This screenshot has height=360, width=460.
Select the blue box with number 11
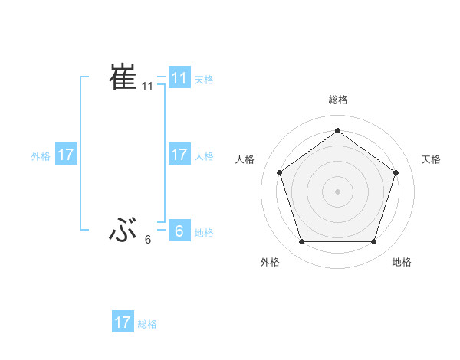tap(179, 78)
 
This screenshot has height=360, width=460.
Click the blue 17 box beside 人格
tap(179, 155)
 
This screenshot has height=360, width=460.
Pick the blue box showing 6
tap(179, 230)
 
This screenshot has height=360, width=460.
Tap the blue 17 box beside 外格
tap(65, 155)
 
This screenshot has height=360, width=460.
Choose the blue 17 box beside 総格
tap(123, 322)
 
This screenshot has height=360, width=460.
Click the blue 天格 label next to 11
tap(204, 79)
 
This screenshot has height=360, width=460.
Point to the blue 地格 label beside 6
tap(204, 233)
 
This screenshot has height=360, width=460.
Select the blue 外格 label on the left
tap(41, 156)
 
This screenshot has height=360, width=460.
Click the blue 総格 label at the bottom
tap(147, 324)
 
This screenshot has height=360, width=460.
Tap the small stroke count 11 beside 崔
tap(148, 87)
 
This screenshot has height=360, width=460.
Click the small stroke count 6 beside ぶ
tap(148, 240)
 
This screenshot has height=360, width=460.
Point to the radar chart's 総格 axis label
tap(337, 100)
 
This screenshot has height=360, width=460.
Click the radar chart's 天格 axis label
tap(431, 159)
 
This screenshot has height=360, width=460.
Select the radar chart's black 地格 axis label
tap(402, 262)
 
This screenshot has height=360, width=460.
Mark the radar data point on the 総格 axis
tap(337, 131)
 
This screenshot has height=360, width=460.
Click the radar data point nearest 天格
tap(396, 172)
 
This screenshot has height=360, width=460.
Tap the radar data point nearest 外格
tap(301, 242)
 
